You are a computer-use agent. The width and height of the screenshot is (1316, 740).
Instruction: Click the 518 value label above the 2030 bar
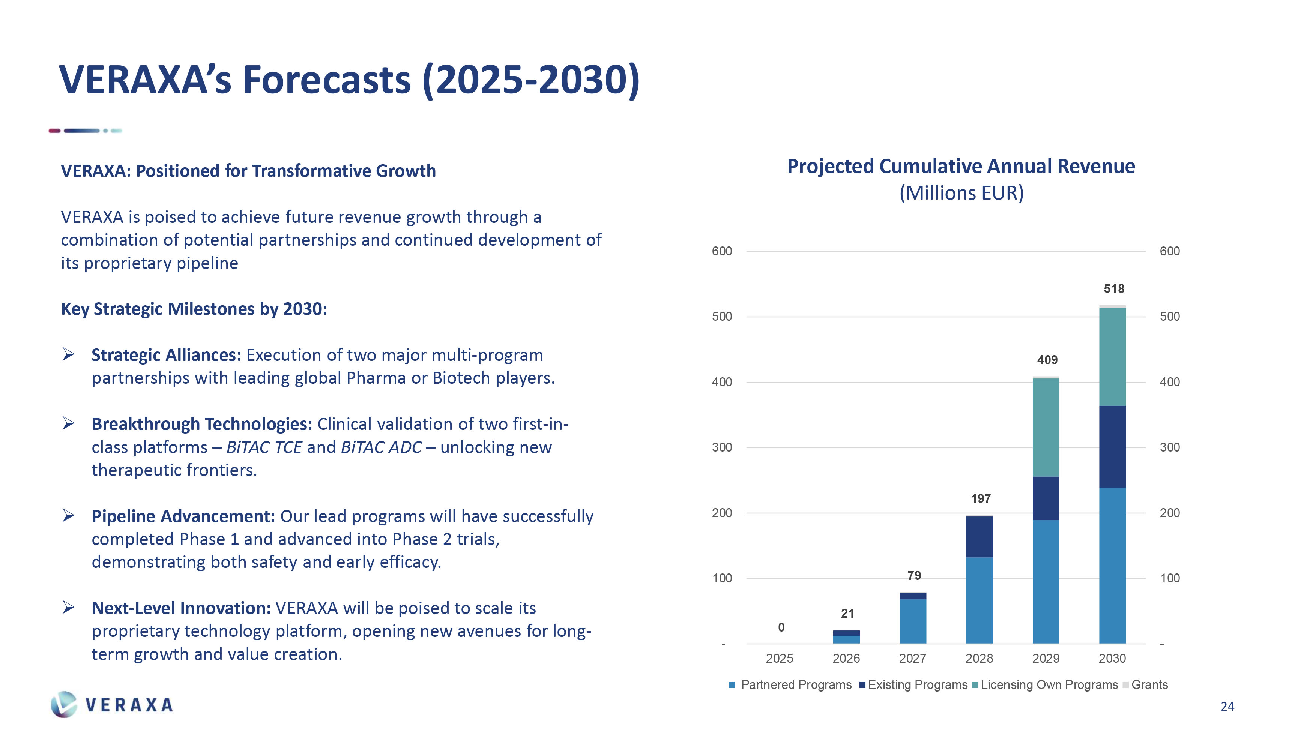click(1114, 289)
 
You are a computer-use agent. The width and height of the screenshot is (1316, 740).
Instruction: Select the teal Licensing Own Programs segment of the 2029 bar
click(1046, 428)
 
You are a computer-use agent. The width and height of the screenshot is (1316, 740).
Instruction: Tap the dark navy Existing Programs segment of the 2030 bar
click(1112, 446)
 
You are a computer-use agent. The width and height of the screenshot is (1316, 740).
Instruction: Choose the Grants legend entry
click(1149, 685)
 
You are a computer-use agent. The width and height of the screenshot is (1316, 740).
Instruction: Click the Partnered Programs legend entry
click(795, 685)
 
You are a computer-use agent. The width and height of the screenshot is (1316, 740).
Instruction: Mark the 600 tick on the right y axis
click(1169, 251)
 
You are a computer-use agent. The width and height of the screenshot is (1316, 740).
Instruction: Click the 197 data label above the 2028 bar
click(980, 499)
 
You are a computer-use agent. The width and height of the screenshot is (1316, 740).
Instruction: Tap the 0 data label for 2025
click(781, 627)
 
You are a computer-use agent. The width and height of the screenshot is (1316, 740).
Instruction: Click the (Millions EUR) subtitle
click(961, 193)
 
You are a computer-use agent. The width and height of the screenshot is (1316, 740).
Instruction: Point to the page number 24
click(1227, 706)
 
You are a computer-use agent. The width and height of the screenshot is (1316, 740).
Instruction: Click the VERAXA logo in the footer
click(113, 705)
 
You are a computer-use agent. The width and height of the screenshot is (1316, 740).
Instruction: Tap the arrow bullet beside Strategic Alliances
click(68, 354)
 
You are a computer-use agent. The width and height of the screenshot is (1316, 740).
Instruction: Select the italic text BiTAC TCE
click(264, 447)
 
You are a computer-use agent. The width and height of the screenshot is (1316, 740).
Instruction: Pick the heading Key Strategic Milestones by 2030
click(194, 309)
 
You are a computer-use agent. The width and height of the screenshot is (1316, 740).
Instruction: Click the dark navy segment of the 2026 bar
click(846, 633)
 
